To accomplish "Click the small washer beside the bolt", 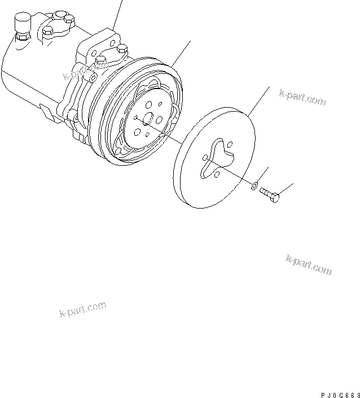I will (x=255, y=185).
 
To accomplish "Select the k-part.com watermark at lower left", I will (x=82, y=309).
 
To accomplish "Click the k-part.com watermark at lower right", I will (x=309, y=264).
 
